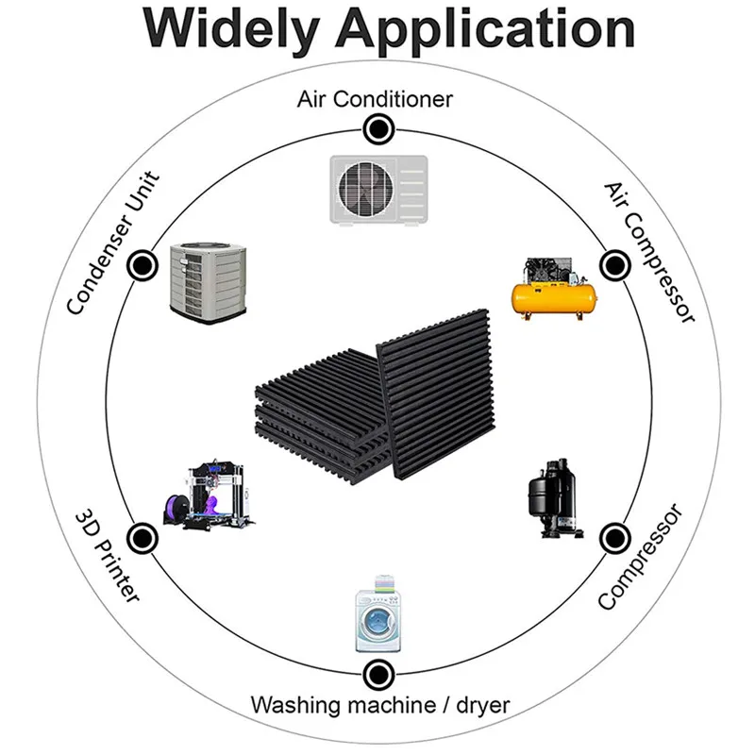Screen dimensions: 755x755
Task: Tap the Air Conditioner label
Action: pos(376,98)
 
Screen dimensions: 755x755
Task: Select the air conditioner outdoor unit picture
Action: pos(378,190)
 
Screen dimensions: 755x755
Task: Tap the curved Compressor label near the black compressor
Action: pos(641,557)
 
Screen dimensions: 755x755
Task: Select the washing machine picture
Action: pos(377,616)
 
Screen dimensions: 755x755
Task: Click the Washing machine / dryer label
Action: pos(379,705)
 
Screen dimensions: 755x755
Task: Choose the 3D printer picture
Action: pos(209,497)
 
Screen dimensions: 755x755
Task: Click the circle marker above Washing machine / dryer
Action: pos(377,674)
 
